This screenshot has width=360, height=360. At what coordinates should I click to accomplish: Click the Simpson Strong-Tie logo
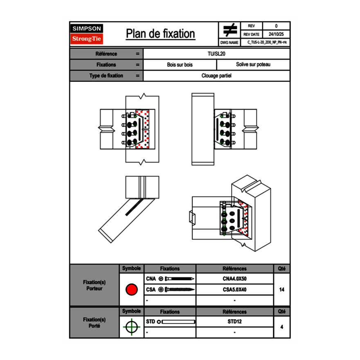87,34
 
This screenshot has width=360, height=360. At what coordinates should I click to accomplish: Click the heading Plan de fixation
160,34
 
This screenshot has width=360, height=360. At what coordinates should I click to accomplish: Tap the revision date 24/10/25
276,34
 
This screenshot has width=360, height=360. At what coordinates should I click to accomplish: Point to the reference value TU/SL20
216,54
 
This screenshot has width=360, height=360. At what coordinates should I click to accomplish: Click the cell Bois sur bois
180,65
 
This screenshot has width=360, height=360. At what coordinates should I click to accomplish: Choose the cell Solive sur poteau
253,65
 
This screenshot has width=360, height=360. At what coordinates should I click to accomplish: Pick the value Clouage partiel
216,76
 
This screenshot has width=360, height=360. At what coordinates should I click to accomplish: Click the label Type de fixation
106,76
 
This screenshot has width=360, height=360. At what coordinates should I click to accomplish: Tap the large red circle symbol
131,290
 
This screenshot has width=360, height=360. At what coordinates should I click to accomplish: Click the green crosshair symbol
131,327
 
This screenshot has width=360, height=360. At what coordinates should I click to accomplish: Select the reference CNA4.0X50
234,279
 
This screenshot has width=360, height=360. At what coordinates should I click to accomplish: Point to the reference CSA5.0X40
234,290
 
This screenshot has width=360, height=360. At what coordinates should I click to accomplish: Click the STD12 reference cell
234,322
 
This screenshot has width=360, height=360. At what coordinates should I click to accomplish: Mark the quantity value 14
281,290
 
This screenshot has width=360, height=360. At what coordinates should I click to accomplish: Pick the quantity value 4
281,327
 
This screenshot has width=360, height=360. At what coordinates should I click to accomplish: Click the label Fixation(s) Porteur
94,285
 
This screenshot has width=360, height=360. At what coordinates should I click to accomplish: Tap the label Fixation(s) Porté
94,323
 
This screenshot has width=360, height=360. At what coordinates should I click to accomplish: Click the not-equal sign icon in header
230,30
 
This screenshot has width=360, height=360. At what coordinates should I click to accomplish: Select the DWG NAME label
229,42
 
